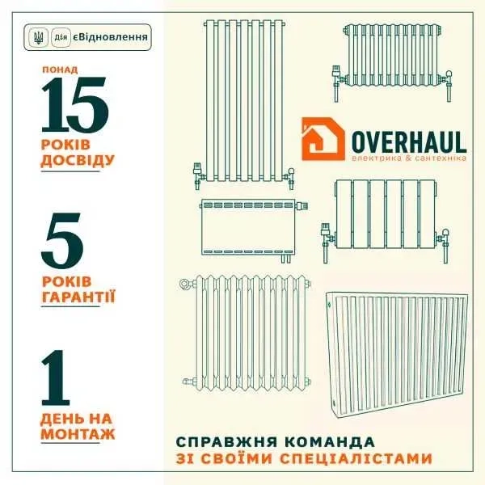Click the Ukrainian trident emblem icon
coord(38,37)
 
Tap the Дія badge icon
coord(61,37)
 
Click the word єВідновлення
coord(111,37)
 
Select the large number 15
coord(75,105)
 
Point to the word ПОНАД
coord(60,70)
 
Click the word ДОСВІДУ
coord(78,161)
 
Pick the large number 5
coord(62,241)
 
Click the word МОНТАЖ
coord(78,433)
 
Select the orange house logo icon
coord(323,139)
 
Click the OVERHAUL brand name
coord(409,142)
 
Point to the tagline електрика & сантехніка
coord(409,158)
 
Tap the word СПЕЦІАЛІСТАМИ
coord(356,458)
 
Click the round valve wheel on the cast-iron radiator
coord(186,283)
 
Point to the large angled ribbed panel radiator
coord(397,353)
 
